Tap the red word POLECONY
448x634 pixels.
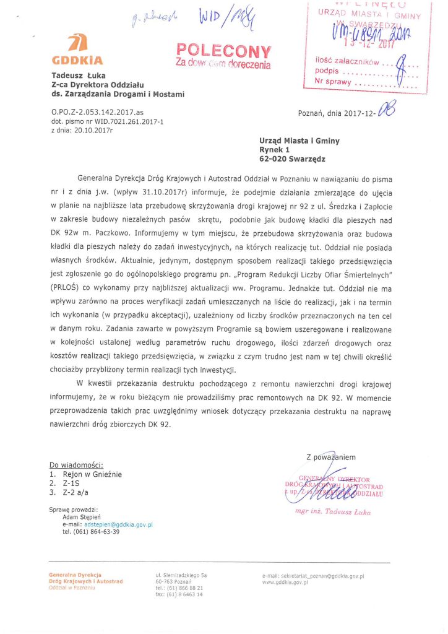coord(223,51)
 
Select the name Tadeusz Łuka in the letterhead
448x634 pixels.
coord(74,76)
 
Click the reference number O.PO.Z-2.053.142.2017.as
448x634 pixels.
coord(98,113)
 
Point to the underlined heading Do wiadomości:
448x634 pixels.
coord(76,465)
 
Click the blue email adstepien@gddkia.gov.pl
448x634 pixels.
coord(118,524)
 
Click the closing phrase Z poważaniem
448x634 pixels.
coord(330,457)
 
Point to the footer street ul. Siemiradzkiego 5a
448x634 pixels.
coord(181,576)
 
